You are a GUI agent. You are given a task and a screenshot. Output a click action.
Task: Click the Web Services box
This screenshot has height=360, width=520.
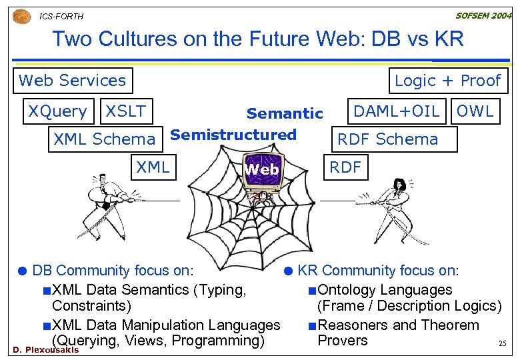click(x=73, y=81)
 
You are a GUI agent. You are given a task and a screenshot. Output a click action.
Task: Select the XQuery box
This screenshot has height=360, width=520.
click(x=57, y=111)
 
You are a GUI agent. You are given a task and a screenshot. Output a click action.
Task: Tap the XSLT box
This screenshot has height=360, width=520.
click(x=126, y=111)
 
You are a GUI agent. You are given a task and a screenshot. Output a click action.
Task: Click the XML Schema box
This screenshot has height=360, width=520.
click(x=104, y=139)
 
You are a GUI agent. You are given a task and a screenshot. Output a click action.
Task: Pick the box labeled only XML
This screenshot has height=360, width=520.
click(x=153, y=167)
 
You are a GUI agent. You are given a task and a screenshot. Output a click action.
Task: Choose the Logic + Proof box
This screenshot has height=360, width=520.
click(x=447, y=81)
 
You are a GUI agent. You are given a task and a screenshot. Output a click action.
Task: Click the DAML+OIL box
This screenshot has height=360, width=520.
click(x=396, y=111)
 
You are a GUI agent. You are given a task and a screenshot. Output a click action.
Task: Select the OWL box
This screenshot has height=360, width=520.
click(x=475, y=111)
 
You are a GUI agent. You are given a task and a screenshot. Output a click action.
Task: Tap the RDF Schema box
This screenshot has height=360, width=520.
click(x=388, y=139)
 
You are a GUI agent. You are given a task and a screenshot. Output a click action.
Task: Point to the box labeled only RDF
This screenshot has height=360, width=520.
click(x=345, y=167)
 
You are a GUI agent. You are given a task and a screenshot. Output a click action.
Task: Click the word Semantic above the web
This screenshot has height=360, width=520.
click(x=285, y=114)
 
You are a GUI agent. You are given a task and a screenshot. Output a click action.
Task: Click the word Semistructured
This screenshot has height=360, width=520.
click(x=233, y=135)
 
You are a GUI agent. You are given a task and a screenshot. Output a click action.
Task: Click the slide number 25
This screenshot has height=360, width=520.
click(x=503, y=344)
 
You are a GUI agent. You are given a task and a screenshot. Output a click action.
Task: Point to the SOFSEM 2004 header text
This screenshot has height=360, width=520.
click(x=483, y=15)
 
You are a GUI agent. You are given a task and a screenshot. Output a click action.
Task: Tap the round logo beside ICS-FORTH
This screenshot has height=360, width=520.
click(x=21, y=15)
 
